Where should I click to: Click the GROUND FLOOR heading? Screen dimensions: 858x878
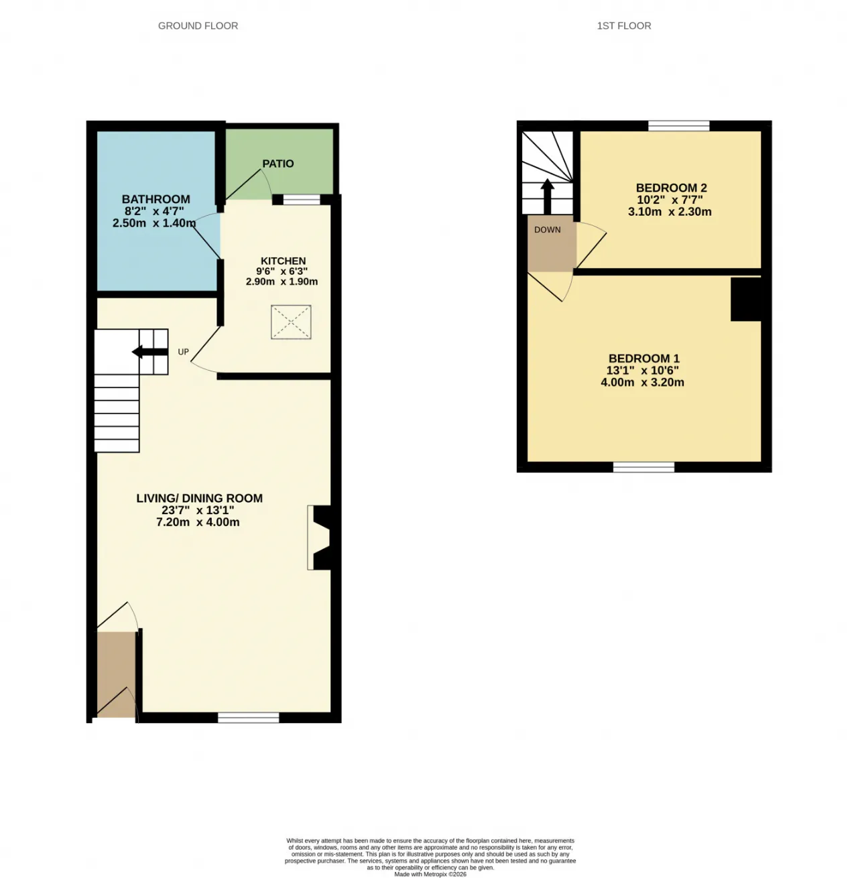(198, 25)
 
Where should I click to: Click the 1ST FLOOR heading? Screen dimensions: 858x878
(624, 25)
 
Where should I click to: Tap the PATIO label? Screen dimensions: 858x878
(278, 164)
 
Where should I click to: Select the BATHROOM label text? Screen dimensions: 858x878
(156, 199)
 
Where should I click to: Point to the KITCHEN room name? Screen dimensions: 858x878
(283, 261)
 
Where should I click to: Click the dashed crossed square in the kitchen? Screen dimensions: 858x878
(291, 322)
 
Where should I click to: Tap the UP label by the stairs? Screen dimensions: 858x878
(183, 352)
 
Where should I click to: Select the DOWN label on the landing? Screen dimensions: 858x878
(548, 230)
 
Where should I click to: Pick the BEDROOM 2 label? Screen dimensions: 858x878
(671, 188)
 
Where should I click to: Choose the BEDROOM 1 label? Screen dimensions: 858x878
(643, 359)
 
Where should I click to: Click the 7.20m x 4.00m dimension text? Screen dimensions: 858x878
(198, 522)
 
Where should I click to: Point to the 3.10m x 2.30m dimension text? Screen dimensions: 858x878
(670, 212)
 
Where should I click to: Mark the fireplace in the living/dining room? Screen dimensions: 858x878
(320, 538)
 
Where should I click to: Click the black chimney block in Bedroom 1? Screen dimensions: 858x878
(746, 299)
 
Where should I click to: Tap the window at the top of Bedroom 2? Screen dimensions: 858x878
(679, 125)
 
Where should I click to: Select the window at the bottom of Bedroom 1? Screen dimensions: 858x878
(643, 467)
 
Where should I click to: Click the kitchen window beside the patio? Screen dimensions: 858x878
(302, 200)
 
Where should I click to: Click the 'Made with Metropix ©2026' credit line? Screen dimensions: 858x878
(430, 874)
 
